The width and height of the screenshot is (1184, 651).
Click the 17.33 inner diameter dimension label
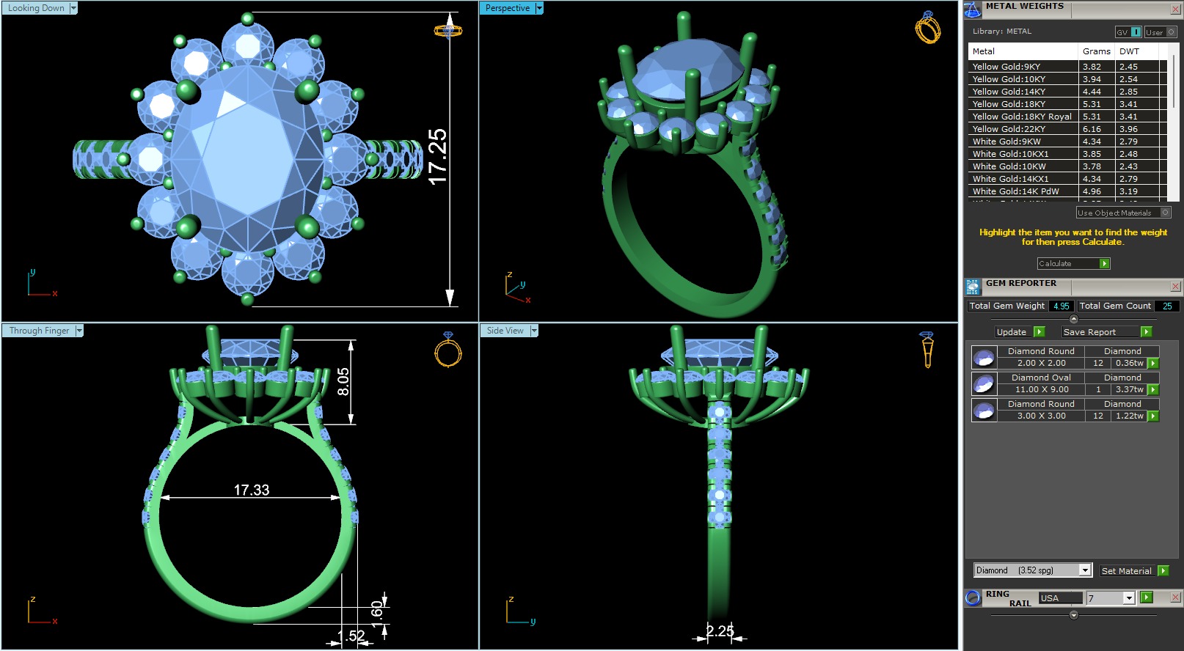tap(252, 490)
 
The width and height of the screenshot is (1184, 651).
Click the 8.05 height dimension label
tap(343, 381)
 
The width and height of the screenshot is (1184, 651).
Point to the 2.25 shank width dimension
tap(720, 630)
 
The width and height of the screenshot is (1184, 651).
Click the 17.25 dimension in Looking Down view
tap(437, 156)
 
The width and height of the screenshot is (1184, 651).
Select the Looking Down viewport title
tap(36, 8)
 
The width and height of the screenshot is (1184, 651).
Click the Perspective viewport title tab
tap(507, 8)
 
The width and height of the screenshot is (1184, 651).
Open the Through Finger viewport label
tap(39, 331)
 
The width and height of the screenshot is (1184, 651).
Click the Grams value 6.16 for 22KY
tap(1092, 129)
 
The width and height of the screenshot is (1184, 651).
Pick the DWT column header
tap(1129, 51)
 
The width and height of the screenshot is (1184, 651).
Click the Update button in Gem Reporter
tap(1012, 332)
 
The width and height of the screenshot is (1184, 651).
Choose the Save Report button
tap(1090, 332)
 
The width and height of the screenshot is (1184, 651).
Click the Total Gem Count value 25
tap(1166, 306)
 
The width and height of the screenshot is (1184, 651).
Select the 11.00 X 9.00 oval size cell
tap(1041, 389)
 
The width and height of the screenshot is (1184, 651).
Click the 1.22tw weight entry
tap(1129, 416)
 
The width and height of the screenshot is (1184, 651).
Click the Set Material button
tap(1127, 571)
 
